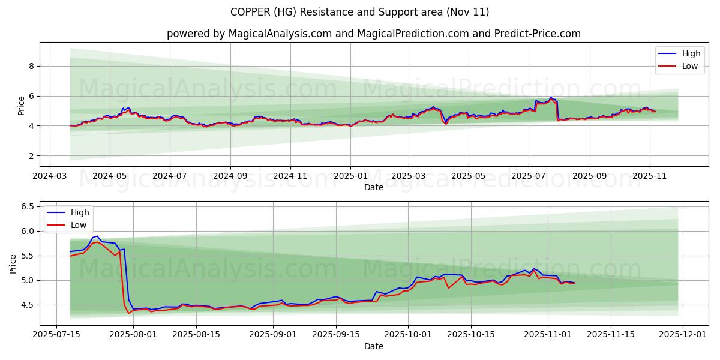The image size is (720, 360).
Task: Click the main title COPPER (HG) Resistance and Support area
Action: click(x=360, y=12)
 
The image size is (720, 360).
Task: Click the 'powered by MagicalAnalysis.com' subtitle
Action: click(x=373, y=34)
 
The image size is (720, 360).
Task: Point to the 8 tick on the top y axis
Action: click(x=31, y=66)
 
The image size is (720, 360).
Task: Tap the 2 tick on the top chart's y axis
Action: click(x=31, y=156)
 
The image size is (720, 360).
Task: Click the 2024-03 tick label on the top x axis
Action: click(x=49, y=177)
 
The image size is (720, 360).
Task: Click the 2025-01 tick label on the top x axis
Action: click(x=350, y=177)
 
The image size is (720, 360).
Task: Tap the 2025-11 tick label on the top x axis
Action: click(x=650, y=177)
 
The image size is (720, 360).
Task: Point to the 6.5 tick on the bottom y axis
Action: click(x=28, y=206)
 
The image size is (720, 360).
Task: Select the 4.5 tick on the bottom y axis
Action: click(x=28, y=305)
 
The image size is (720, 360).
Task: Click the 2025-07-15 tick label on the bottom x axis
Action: click(x=57, y=335)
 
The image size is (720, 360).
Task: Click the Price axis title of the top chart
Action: click(x=22, y=106)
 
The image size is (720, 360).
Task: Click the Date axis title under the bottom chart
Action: click(x=373, y=346)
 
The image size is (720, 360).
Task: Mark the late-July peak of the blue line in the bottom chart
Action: click(x=97, y=236)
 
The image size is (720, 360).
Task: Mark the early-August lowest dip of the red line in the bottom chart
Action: click(x=128, y=313)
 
